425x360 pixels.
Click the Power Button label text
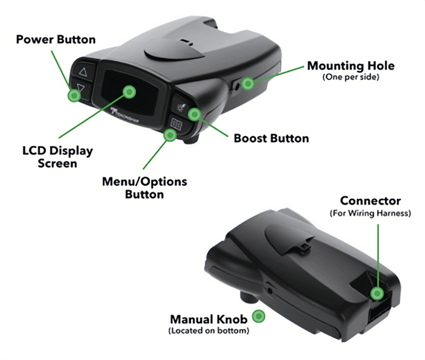point(56,40)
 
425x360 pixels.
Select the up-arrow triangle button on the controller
point(82,71)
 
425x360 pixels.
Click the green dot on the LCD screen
point(129,91)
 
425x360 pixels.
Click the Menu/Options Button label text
point(144,187)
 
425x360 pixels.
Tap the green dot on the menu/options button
point(170,135)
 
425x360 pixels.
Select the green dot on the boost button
point(195,114)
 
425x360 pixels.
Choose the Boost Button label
point(271,139)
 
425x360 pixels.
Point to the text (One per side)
point(351,78)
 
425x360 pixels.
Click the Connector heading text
point(370,201)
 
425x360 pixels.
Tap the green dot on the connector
point(378,293)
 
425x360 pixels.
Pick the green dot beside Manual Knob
point(259,317)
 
